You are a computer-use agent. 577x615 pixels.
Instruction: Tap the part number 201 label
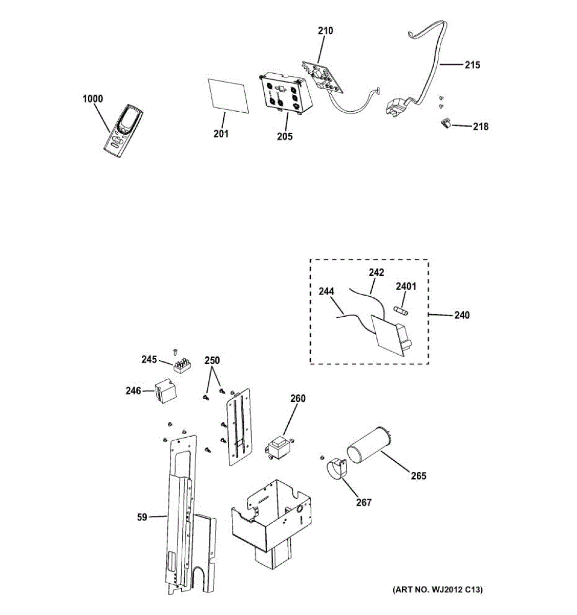coord(221,134)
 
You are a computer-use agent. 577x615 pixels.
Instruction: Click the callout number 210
coord(325,31)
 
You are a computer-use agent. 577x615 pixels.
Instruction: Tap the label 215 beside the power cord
coord(473,65)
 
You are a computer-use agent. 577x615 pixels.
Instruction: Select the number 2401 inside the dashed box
coord(406,286)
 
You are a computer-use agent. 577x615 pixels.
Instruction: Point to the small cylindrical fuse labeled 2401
coord(401,310)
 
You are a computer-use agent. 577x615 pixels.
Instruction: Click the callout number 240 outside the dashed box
coord(462,315)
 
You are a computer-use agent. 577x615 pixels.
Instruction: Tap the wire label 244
coord(326,292)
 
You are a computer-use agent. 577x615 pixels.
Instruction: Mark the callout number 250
coord(212,360)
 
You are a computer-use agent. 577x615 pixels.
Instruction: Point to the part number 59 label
coord(142,517)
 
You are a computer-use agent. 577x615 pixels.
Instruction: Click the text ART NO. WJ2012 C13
coord(437,590)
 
